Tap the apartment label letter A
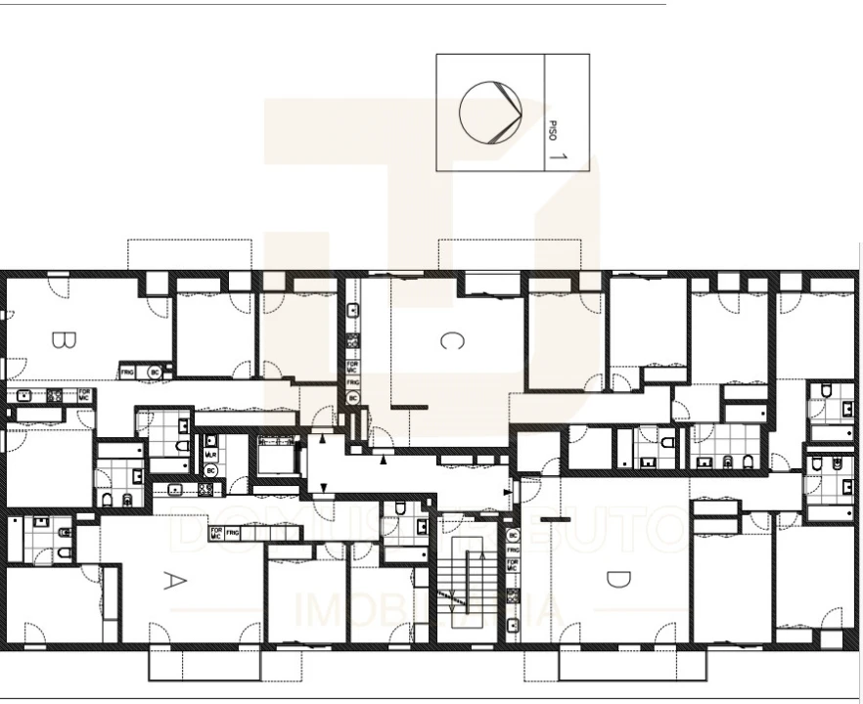click(x=172, y=581)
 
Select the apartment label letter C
click(x=449, y=340)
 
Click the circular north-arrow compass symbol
click(x=490, y=111)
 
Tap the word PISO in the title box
click(x=553, y=129)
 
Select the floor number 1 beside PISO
click(x=558, y=154)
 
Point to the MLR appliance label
click(x=210, y=455)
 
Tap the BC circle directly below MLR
click(x=209, y=470)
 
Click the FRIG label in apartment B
click(x=127, y=373)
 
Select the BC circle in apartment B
click(x=154, y=373)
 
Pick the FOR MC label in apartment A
click(x=215, y=534)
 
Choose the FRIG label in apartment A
click(x=232, y=534)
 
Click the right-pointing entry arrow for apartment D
click(x=506, y=492)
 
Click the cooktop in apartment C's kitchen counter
click(x=353, y=341)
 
